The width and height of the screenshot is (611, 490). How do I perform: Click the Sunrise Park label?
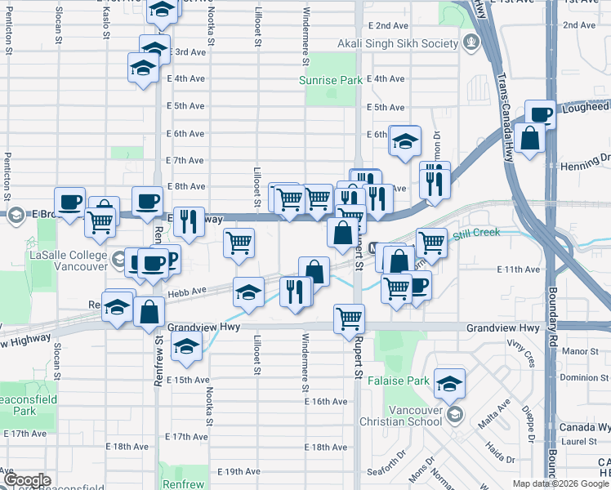tap(330, 81)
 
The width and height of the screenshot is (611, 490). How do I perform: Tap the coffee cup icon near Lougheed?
tap(541, 113)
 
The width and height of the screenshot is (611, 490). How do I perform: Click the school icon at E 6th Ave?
tap(404, 140)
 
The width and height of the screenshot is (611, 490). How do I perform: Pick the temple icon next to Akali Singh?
tap(470, 42)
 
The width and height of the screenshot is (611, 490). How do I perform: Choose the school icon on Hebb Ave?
tap(248, 291)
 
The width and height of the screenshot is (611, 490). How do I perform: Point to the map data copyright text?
tap(560, 483)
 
